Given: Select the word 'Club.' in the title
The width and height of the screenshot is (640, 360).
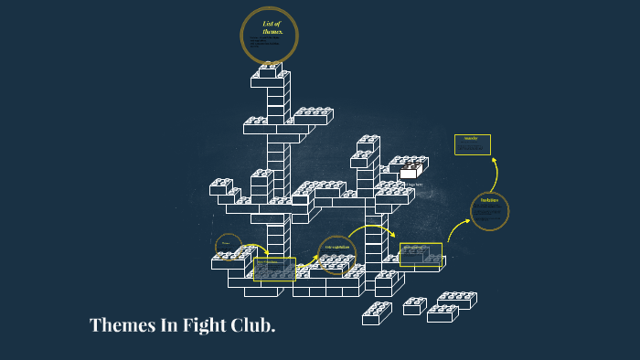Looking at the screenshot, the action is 255,325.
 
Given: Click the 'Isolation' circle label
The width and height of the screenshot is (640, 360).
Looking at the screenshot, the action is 489,201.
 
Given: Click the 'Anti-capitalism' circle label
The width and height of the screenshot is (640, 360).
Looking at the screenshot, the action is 337,248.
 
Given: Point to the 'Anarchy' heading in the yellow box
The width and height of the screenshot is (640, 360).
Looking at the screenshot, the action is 472,139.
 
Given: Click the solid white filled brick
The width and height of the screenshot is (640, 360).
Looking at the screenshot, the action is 410,171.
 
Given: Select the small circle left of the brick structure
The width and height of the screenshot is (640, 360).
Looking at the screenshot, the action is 228,245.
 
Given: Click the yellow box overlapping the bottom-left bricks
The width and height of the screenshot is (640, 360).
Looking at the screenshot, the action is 275,268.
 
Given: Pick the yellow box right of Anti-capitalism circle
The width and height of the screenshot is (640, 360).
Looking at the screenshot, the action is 421,253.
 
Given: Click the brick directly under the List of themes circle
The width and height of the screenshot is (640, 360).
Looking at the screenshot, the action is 272,70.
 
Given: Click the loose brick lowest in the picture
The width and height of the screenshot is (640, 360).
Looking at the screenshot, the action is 376,314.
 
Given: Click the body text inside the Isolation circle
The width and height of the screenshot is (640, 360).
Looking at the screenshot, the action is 489,215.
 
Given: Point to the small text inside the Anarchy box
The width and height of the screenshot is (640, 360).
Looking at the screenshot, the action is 472,147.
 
